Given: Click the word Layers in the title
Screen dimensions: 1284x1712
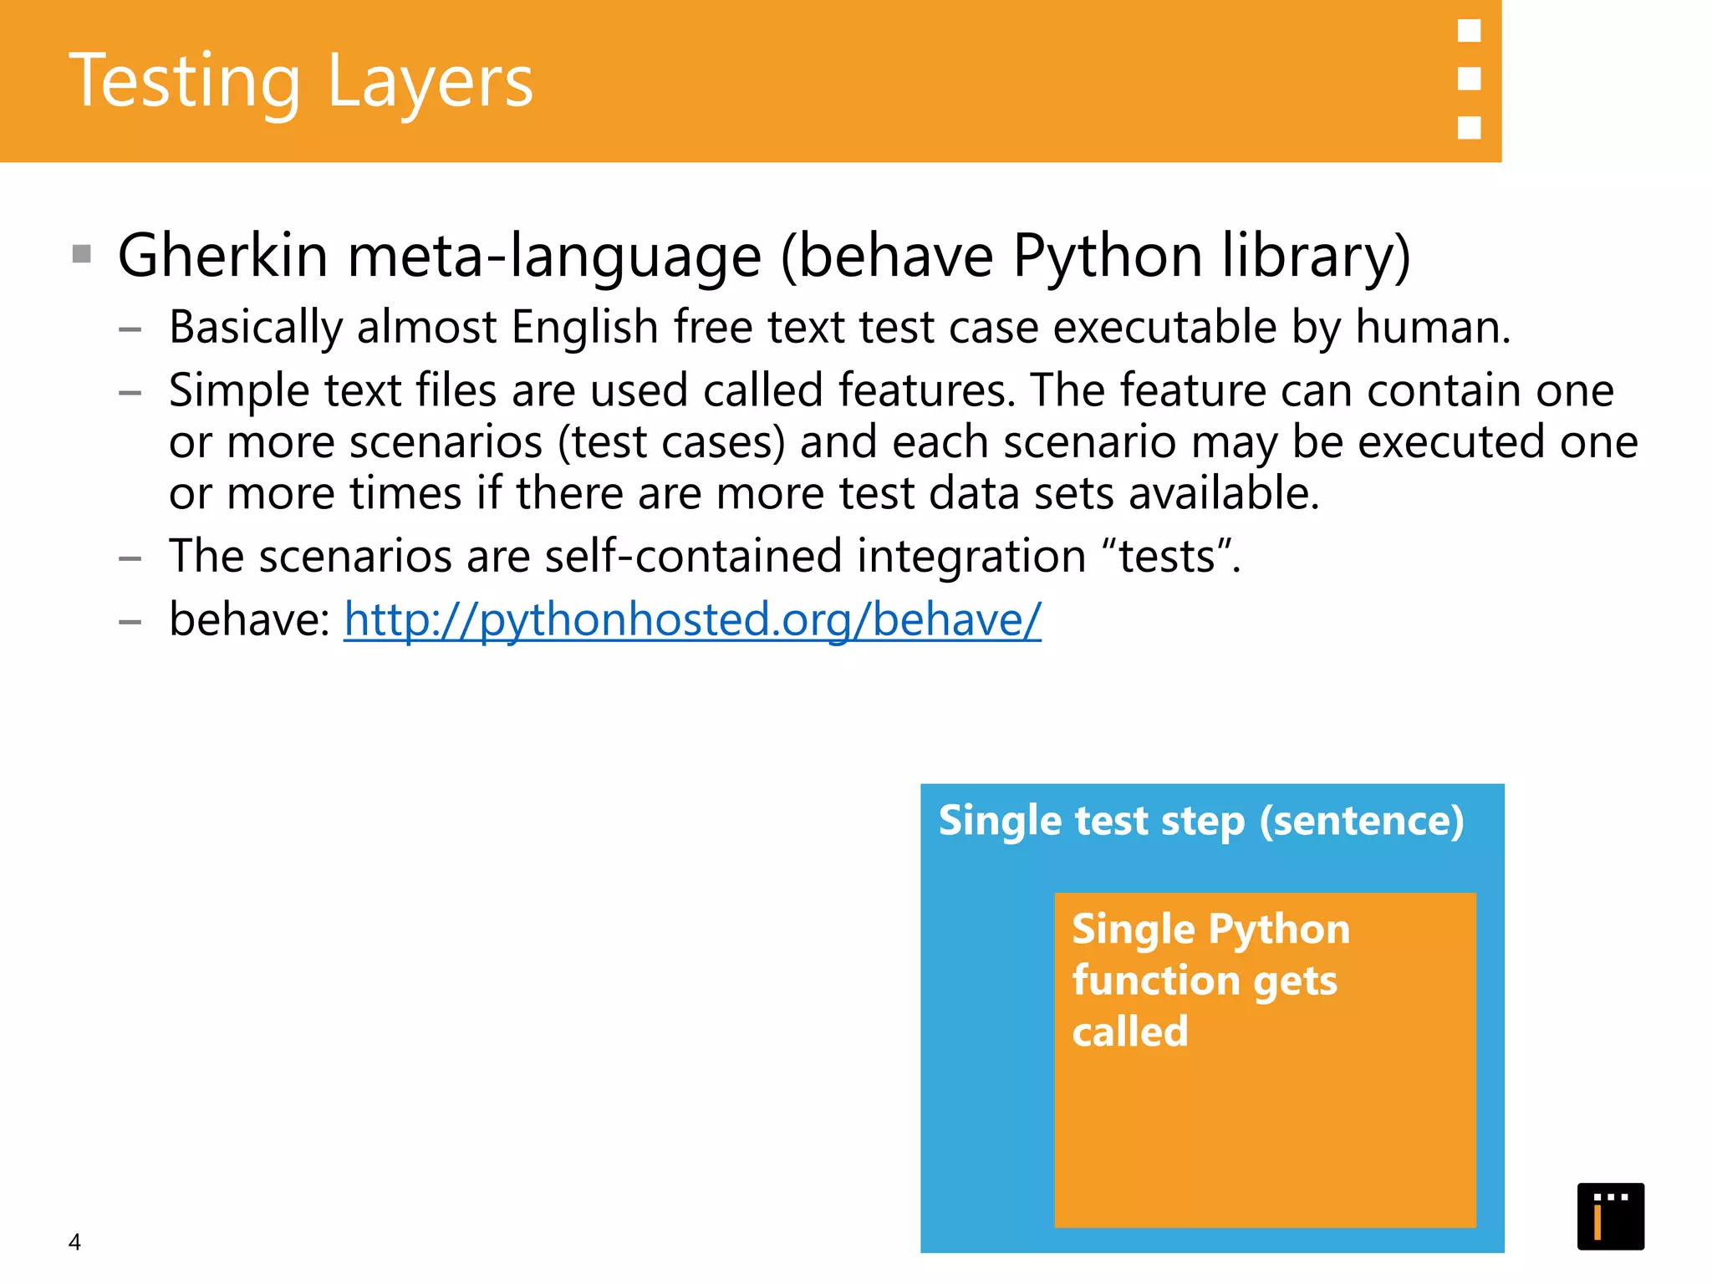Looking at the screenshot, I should pos(430,82).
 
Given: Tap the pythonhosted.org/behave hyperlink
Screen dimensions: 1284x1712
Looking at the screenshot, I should pos(692,619).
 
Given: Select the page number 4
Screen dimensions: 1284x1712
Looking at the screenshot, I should pos(74,1242).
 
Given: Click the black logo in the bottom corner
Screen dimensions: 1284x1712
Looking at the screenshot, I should pos(1610,1216).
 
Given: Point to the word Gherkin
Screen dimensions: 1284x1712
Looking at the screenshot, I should pos(222,255).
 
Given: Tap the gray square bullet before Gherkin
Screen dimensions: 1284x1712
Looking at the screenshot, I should pos(82,253).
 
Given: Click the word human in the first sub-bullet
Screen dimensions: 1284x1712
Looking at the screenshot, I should pos(1431,327).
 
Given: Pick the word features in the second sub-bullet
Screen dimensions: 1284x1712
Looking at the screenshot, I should pos(926,390).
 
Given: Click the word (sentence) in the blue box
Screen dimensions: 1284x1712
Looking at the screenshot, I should pos(1362,821).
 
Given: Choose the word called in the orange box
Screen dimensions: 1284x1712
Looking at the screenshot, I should pos(1130,1032).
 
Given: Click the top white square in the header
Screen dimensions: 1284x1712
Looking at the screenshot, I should pos(1469,31).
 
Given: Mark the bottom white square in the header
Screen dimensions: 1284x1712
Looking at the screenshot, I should pos(1469,127).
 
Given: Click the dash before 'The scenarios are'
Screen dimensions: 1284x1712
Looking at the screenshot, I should pos(130,558).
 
